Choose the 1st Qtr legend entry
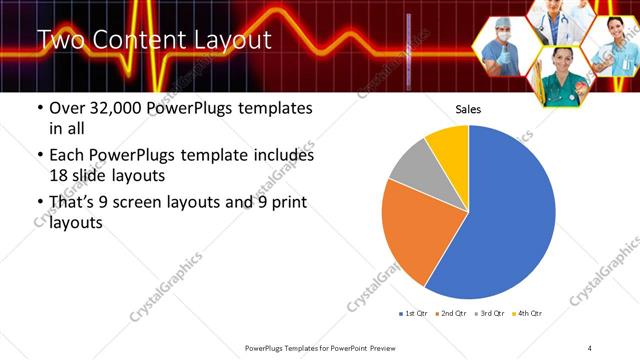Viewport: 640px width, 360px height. tap(413, 315)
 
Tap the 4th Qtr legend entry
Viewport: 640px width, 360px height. tap(528, 315)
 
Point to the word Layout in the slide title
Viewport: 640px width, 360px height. tap(228, 41)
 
